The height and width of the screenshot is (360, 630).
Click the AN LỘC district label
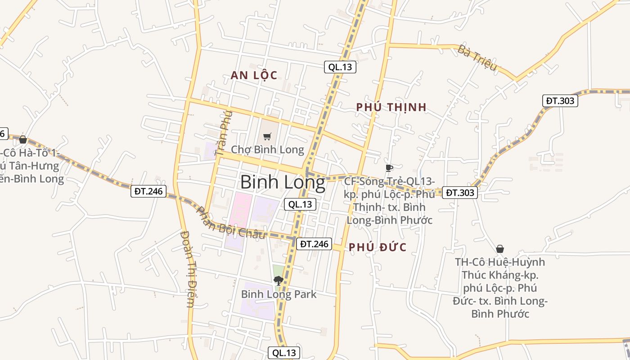pyautogui.click(x=254, y=75)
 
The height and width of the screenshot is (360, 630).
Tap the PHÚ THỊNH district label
pyautogui.click(x=391, y=107)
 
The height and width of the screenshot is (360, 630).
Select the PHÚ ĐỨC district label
pyautogui.click(x=378, y=247)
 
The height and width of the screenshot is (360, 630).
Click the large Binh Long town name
pyautogui.click(x=283, y=183)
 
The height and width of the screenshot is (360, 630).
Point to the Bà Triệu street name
pyautogui.click(x=477, y=58)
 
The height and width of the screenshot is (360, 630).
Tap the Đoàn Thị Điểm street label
pyautogui.click(x=187, y=269)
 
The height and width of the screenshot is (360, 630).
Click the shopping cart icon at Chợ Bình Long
pyautogui.click(x=267, y=136)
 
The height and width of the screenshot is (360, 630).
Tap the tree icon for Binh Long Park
pyautogui.click(x=279, y=281)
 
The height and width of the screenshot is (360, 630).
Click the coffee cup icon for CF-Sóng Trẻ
pyautogui.click(x=389, y=168)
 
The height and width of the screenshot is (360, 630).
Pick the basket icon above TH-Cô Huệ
pyautogui.click(x=500, y=249)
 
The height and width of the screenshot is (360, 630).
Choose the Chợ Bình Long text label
pyautogui.click(x=267, y=149)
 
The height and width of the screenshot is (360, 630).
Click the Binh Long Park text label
pyautogui.click(x=279, y=294)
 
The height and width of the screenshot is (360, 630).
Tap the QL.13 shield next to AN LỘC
pyautogui.click(x=340, y=67)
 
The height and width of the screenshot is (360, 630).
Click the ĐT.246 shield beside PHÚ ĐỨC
pyautogui.click(x=314, y=244)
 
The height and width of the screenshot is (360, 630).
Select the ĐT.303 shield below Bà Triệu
pyautogui.click(x=560, y=101)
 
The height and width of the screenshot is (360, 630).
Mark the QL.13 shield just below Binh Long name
pyautogui.click(x=300, y=204)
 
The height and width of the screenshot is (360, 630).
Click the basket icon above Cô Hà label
pyautogui.click(x=23, y=140)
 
